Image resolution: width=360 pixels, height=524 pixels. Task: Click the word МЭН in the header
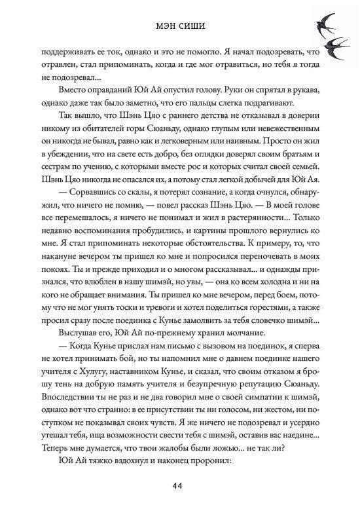(165, 28)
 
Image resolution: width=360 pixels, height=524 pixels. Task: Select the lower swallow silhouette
(335, 45)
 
